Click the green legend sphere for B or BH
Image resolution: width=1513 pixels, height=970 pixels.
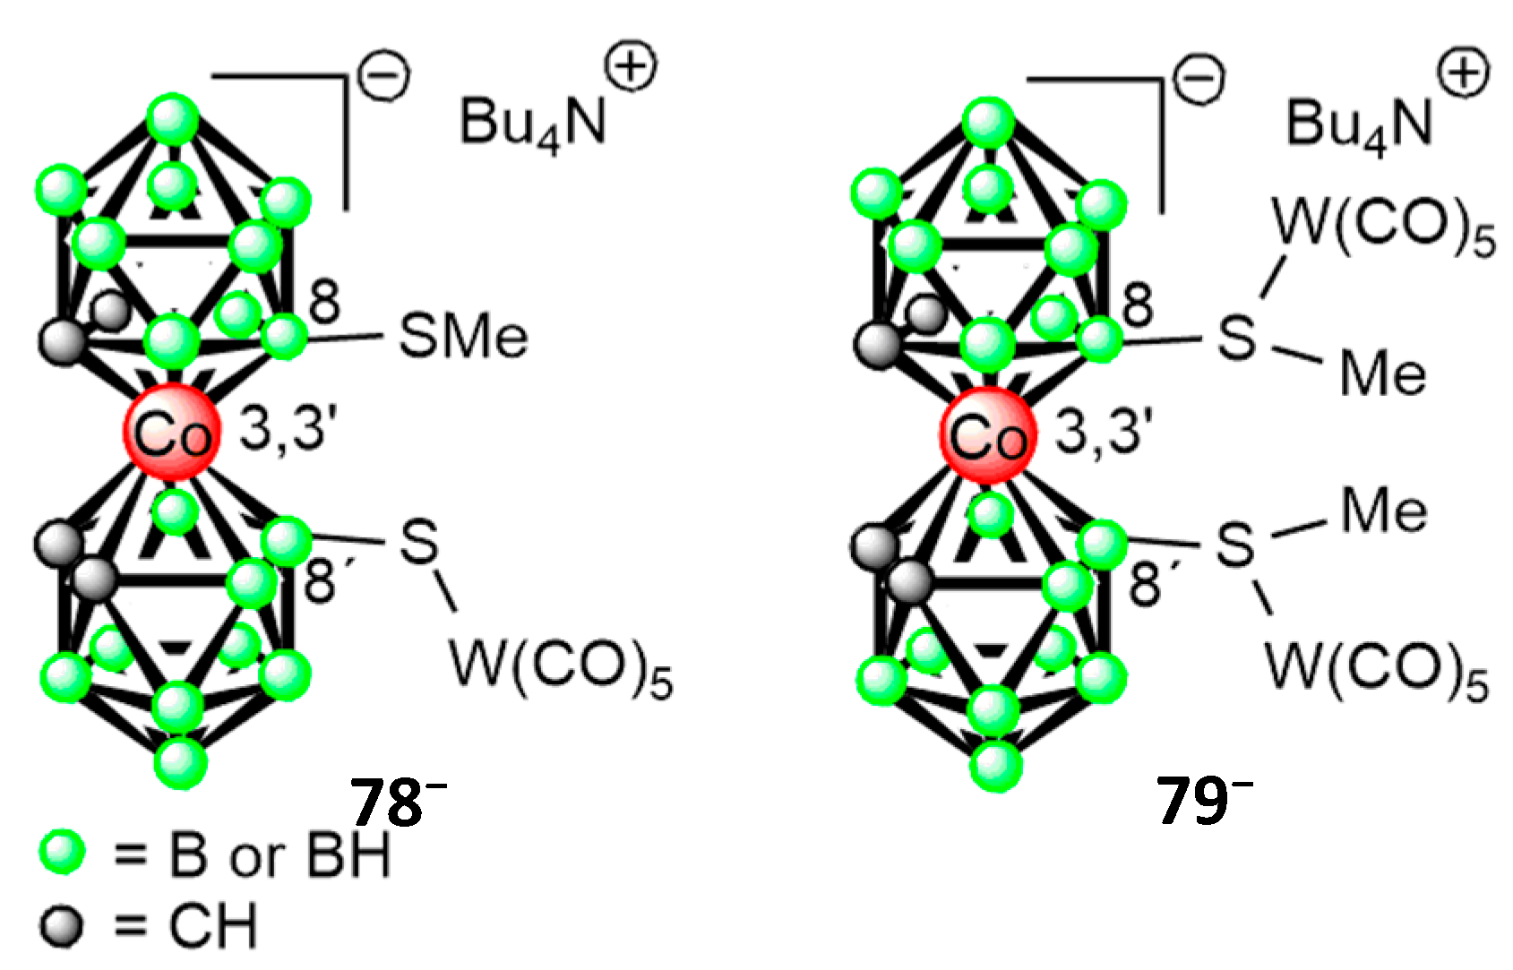pyautogui.click(x=63, y=852)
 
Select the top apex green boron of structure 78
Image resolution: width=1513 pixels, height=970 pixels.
pyautogui.click(x=172, y=121)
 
